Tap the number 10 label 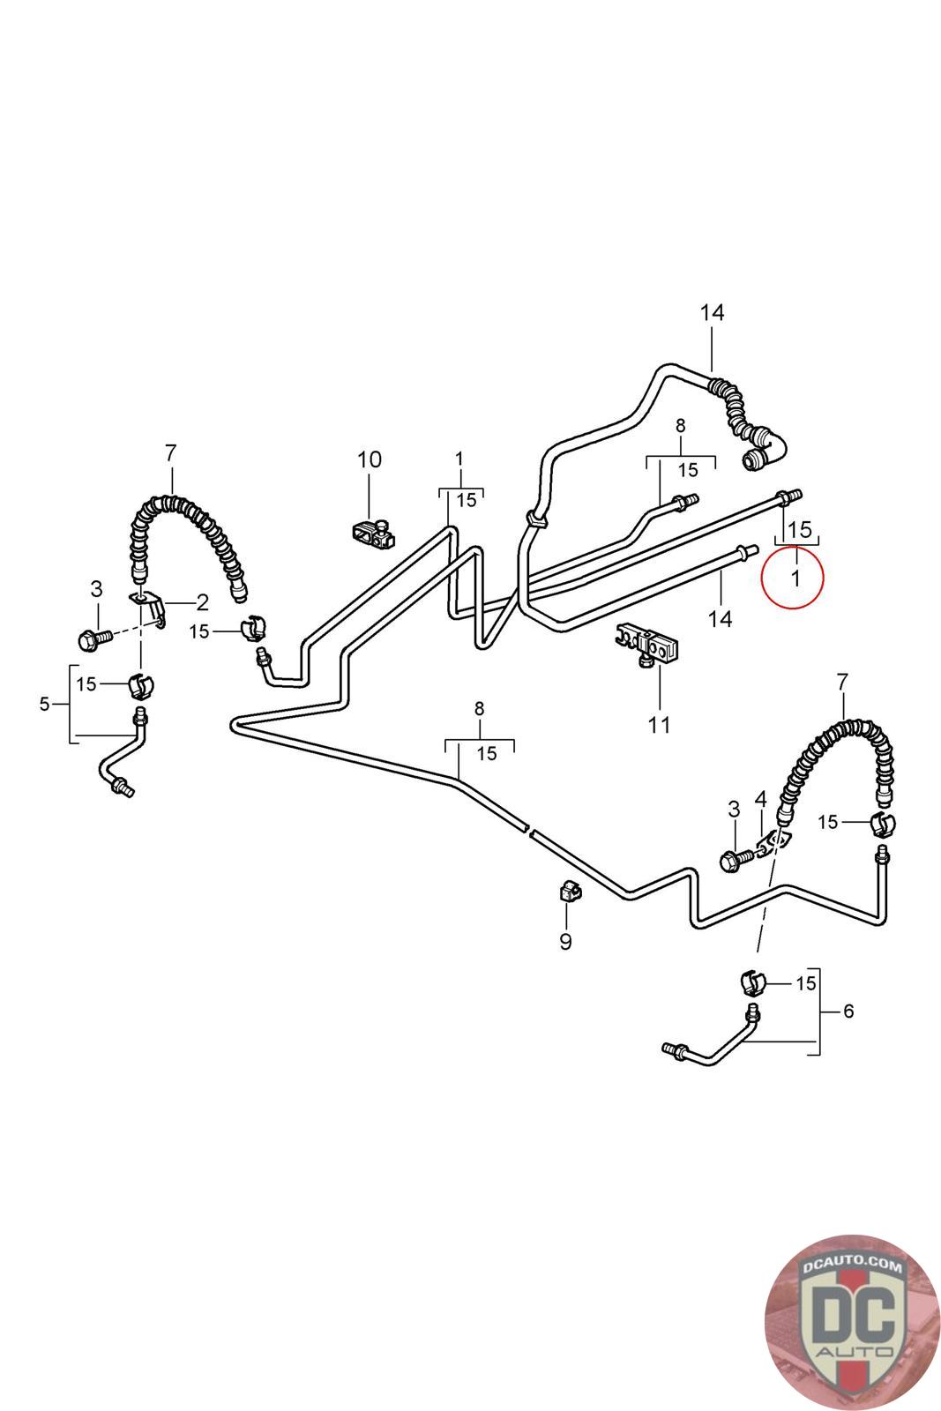(x=370, y=459)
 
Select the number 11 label (x=659, y=725)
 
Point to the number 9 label (x=565, y=942)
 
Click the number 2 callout (x=202, y=603)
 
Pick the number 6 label (x=848, y=1011)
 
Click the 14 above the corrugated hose (x=712, y=312)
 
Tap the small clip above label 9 (x=567, y=893)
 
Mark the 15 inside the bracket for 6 (x=806, y=983)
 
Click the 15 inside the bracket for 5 (x=86, y=684)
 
